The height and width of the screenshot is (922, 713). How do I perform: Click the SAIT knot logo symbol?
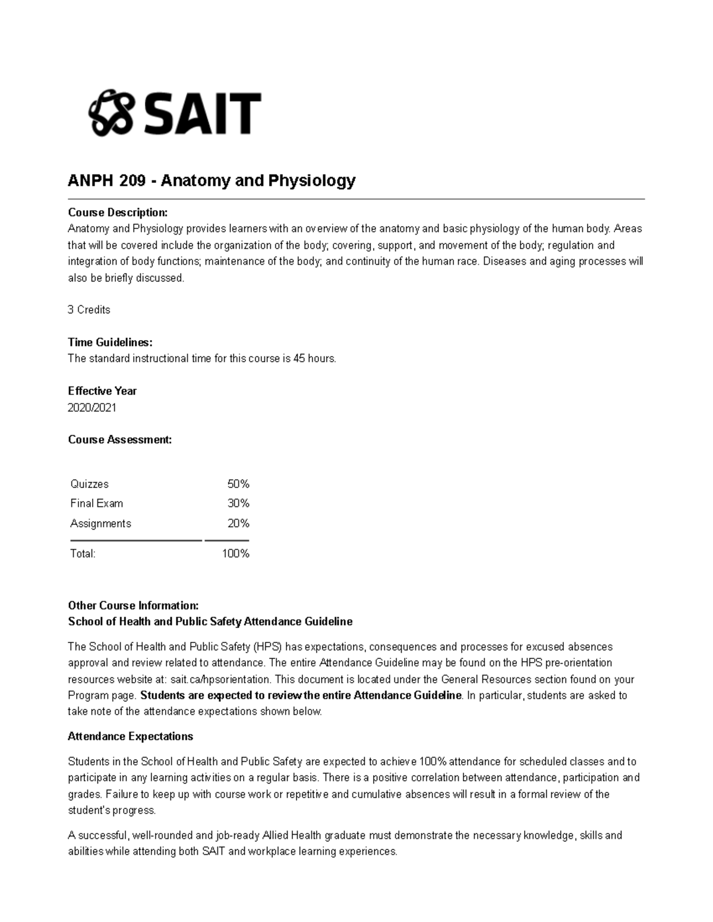[x=110, y=113]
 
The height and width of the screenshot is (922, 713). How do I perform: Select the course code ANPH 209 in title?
[x=106, y=180]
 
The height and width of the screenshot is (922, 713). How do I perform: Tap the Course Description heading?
[x=118, y=213]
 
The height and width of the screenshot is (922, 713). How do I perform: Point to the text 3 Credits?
[x=89, y=310]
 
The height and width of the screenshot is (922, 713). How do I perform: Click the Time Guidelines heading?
[x=110, y=343]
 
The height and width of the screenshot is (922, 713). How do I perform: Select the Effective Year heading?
[x=102, y=391]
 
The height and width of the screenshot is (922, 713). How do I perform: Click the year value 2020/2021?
[x=92, y=408]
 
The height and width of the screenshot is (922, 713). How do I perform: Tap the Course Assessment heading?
[x=119, y=440]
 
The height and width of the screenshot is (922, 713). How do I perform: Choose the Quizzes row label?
[x=89, y=484]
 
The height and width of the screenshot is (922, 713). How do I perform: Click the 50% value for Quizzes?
[x=238, y=484]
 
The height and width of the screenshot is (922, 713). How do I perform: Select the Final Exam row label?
[x=96, y=503]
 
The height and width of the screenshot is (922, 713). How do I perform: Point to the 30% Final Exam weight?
[x=238, y=503]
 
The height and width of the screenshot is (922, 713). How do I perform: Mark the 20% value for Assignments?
[x=238, y=524]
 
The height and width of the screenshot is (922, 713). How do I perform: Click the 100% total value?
[x=236, y=554]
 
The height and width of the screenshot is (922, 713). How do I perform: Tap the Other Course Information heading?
[x=133, y=606]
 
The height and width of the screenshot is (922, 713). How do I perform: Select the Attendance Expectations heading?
[x=130, y=737]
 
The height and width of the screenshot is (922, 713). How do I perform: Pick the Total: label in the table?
[x=83, y=554]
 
